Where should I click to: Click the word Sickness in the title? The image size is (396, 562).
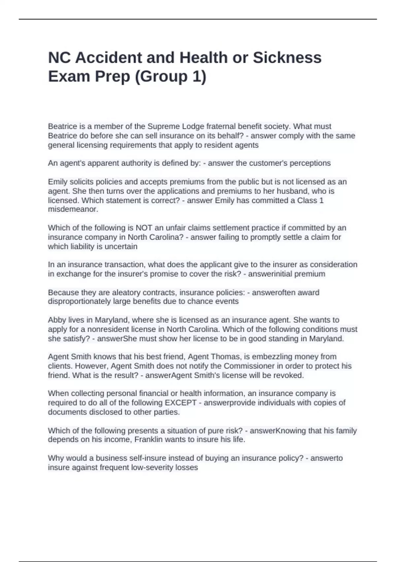click(287, 58)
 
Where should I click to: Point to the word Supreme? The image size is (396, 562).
click(164, 126)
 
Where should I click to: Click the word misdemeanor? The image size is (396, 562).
click(73, 209)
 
